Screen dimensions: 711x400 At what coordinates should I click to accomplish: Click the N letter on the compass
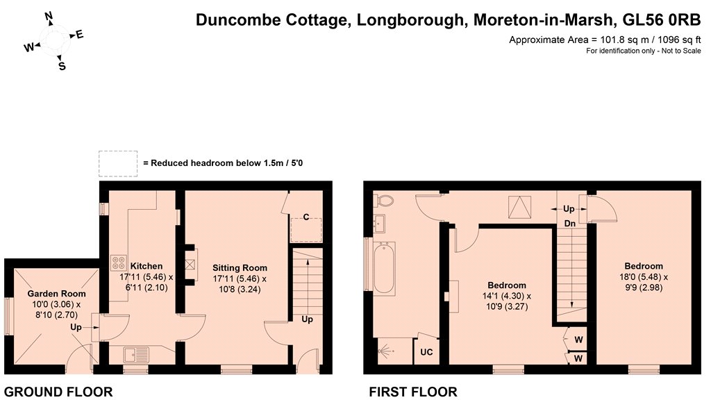point(49,17)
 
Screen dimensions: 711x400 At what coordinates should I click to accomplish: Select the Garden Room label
point(57,294)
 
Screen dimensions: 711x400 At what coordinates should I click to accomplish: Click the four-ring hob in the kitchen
point(118,262)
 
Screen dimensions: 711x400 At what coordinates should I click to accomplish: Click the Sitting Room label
point(240,268)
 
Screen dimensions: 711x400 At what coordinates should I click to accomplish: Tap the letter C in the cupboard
point(306,217)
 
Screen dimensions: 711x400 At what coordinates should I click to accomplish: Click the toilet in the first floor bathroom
point(383,201)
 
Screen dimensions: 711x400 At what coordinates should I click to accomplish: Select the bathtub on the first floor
point(384,267)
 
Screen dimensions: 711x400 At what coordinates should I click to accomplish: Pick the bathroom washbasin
point(379,223)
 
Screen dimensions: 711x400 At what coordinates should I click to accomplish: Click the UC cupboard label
point(426,352)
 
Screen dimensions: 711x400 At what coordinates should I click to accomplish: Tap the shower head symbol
point(386,351)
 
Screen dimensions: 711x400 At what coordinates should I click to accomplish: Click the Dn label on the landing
point(570,224)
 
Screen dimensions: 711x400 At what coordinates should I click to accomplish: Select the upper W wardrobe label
point(578,340)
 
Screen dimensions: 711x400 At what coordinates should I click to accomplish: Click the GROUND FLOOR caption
point(58,392)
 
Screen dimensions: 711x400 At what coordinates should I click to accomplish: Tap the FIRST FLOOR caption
point(413,392)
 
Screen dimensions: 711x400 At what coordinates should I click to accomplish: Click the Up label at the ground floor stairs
point(308,319)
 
